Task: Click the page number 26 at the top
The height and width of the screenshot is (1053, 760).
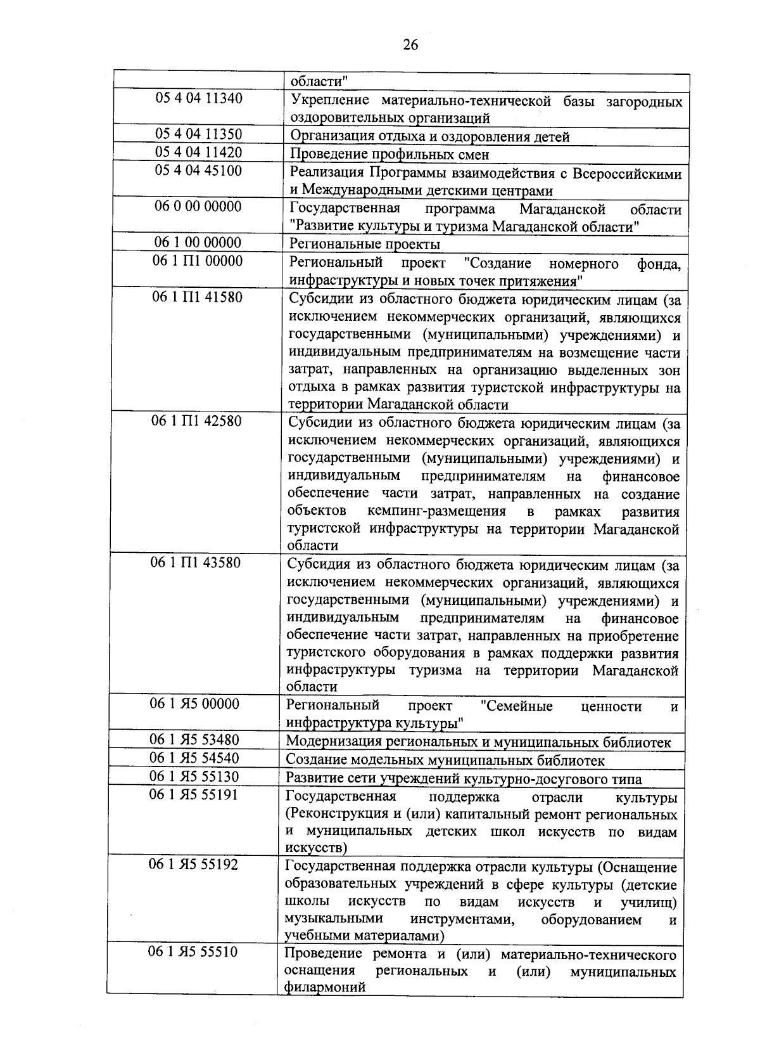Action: [410, 44]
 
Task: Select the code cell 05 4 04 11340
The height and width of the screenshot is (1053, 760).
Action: [199, 99]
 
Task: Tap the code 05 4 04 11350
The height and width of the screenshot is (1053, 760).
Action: [199, 134]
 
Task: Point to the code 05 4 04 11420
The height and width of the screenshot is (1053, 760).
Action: [199, 153]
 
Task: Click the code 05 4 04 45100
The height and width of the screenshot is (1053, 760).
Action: [199, 171]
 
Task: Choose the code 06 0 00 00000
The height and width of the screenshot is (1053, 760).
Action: [199, 207]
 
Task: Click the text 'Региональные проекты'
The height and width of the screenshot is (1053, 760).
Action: [365, 244]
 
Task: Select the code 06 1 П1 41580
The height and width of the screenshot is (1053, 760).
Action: [197, 297]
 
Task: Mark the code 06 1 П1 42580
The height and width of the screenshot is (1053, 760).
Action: [196, 421]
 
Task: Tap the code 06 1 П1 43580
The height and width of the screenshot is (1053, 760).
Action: [196, 562]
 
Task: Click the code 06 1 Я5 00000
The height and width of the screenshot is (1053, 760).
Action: [194, 704]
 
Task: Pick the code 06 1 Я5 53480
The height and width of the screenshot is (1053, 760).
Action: [194, 740]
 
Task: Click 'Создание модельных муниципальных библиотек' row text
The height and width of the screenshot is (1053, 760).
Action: [445, 760]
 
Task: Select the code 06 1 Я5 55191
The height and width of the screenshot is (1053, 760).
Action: [194, 794]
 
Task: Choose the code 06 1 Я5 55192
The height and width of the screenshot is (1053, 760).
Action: [193, 864]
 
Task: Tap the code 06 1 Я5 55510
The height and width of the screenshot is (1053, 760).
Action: [193, 952]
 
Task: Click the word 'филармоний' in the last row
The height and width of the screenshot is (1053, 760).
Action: [325, 987]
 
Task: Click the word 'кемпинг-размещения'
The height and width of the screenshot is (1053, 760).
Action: [436, 512]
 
